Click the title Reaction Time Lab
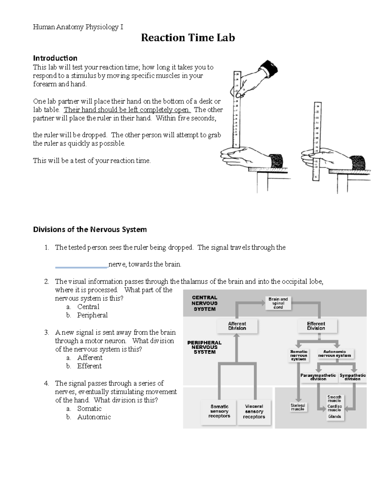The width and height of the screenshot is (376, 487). coord(188,38)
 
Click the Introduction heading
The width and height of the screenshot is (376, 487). coord(55,58)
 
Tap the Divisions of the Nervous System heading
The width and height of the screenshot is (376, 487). coord(90,229)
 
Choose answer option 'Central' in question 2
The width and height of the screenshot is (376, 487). coord(88,307)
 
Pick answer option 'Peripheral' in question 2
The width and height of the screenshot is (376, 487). coord(92,315)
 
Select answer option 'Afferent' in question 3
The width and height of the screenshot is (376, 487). coord(90,357)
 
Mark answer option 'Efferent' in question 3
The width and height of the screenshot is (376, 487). coord(89,366)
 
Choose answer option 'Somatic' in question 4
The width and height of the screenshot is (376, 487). coord(89,408)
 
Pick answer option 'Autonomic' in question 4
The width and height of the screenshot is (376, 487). coord(94,417)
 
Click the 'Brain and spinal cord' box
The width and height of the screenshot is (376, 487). coord(278,303)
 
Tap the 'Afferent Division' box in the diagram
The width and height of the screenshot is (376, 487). coord(237,326)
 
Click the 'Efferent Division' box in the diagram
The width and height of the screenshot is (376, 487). coord(316,326)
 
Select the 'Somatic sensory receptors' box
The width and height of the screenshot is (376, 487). coord(219,411)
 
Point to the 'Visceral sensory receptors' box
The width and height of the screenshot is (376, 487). coord(254,411)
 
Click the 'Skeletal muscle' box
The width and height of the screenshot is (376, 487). coord(297,407)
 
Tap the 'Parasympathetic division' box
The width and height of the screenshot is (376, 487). coord(318,377)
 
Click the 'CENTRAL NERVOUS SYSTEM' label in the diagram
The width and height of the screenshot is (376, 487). coord(205,303)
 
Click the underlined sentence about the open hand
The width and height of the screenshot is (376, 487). coord(127,110)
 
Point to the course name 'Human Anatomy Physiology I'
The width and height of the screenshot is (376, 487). coord(78,27)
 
